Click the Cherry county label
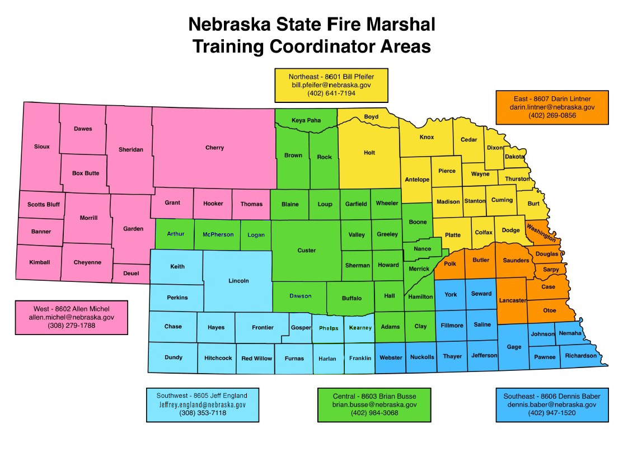click(x=214, y=148)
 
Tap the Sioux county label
click(x=41, y=147)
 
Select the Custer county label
click(x=306, y=251)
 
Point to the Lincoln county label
click(x=238, y=281)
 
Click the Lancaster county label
click(x=512, y=300)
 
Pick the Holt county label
click(x=369, y=153)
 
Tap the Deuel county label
click(x=131, y=274)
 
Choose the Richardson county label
click(x=580, y=356)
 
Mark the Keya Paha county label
click(x=306, y=120)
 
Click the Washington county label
click(x=541, y=233)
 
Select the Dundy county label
click(x=174, y=357)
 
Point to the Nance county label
click(x=423, y=249)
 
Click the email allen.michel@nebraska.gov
click(x=72, y=317)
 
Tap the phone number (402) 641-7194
click(x=331, y=93)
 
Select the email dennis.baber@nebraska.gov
click(x=552, y=404)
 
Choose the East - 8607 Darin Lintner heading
click(x=552, y=98)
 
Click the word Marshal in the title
click(x=400, y=24)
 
